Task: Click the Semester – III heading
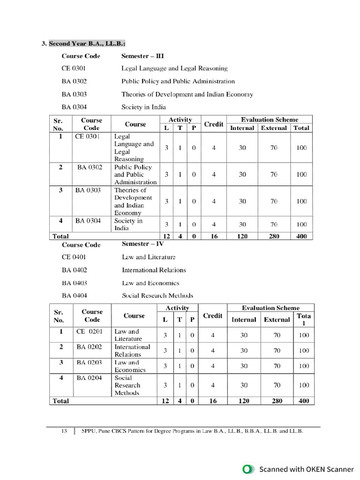[142, 56]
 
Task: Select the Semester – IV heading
[142, 244]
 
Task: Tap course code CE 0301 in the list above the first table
[74, 68]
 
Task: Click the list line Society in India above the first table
[143, 107]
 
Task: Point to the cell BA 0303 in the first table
[88, 190]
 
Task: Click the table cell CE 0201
[89, 331]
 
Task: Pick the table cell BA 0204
[89, 378]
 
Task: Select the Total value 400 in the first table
[301, 236]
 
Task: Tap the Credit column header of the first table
[214, 124]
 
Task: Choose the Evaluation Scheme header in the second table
[270, 308]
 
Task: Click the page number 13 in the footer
[64, 431]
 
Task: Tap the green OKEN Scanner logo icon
[247, 469]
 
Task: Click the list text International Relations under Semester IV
[154, 270]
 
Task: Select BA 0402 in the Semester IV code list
[74, 270]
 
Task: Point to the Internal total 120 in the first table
[242, 236]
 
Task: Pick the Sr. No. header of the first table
[60, 124]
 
